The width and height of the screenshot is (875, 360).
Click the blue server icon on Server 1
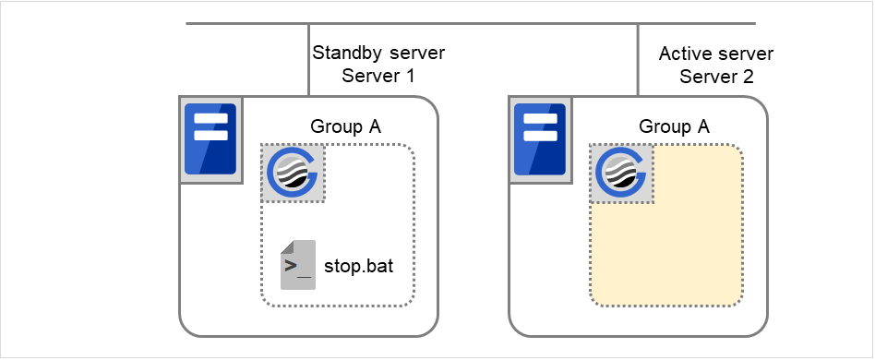tap(210, 138)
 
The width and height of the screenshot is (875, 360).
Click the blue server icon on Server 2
tap(540, 138)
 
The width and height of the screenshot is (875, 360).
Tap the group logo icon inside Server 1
tap(292, 173)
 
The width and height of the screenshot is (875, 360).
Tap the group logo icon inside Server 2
tap(621, 173)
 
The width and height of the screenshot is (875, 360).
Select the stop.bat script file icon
tap(298, 264)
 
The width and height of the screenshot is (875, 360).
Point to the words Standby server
tap(378, 53)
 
